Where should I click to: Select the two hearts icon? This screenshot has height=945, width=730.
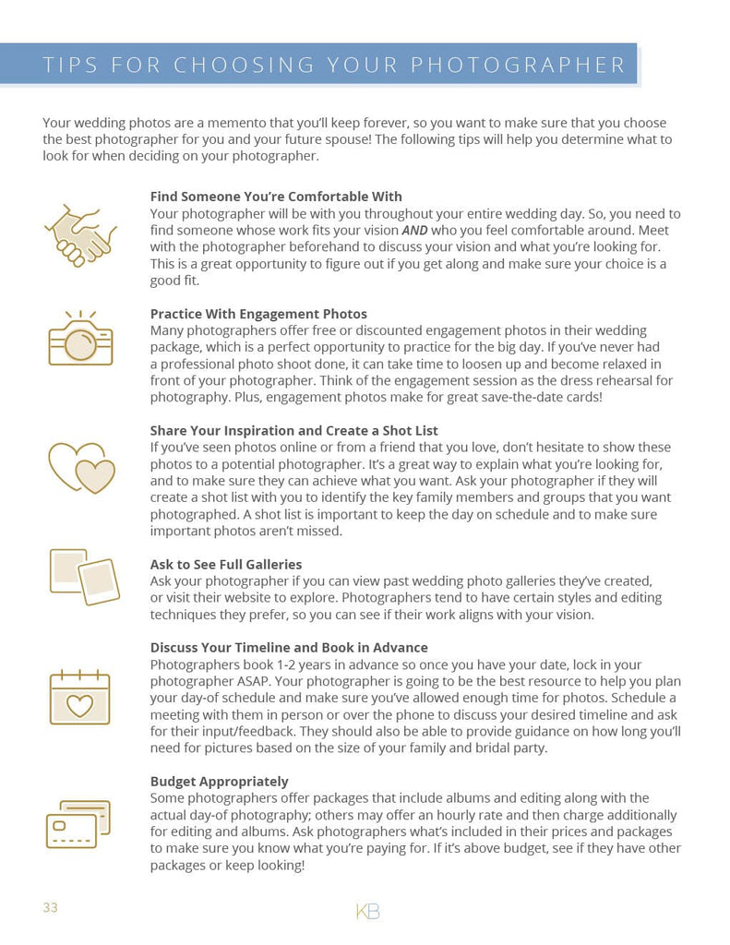coord(81,467)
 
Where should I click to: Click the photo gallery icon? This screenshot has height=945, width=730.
coord(83,577)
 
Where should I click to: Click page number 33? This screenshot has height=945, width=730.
coord(50,908)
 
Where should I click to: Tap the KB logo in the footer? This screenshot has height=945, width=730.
coord(367,912)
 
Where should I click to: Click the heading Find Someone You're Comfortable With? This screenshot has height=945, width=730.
coord(276,197)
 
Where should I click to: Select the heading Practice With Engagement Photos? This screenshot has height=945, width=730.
coord(258,314)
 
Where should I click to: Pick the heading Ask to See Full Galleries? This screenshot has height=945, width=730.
coord(226,564)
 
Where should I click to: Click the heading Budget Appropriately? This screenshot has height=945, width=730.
coord(220,782)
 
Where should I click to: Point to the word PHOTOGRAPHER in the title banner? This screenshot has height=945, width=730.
coord(518,66)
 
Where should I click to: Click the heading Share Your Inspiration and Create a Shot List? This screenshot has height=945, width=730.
coord(294,431)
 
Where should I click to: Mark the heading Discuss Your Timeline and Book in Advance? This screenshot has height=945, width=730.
coord(289,648)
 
